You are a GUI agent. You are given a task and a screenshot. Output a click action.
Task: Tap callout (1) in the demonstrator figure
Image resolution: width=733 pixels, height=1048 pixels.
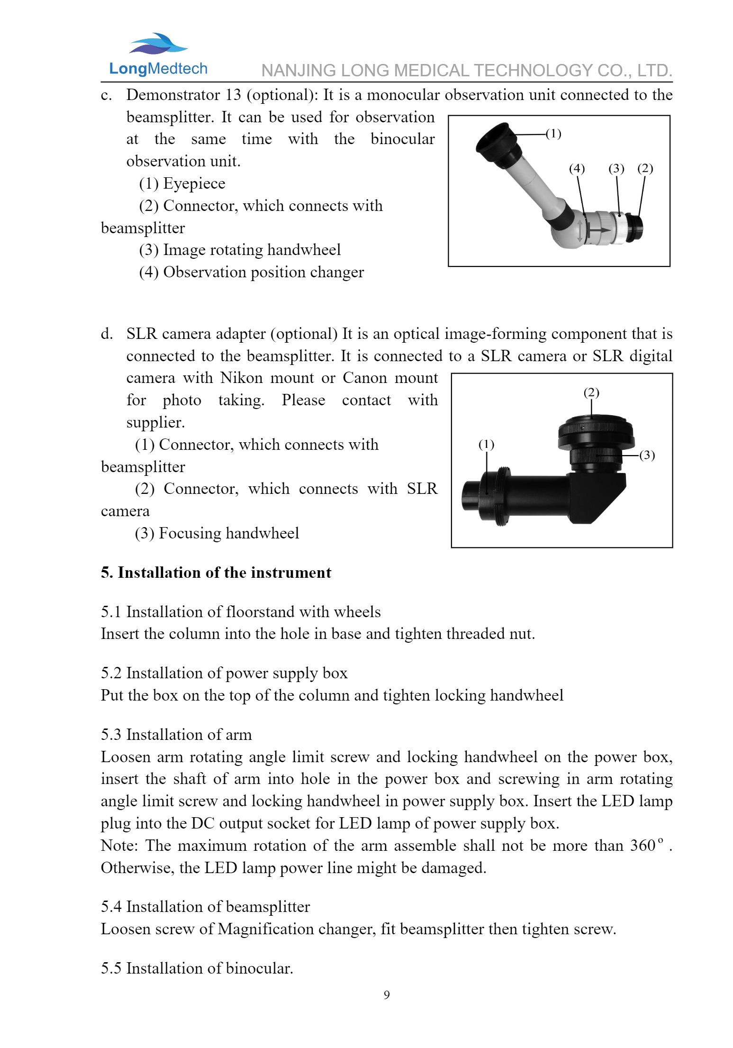click(x=553, y=134)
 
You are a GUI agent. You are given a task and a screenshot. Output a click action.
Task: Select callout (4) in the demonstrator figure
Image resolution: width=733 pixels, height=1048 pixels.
click(x=577, y=169)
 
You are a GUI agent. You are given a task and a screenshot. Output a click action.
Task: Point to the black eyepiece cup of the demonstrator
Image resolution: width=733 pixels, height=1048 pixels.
click(x=495, y=143)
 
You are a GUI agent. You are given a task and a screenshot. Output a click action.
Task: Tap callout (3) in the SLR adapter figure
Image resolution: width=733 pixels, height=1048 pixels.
click(x=647, y=456)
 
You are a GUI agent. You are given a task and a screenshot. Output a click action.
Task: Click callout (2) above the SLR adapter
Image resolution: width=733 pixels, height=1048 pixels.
click(x=591, y=392)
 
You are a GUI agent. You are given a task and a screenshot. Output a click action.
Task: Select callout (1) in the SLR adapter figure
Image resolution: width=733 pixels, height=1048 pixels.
click(x=486, y=445)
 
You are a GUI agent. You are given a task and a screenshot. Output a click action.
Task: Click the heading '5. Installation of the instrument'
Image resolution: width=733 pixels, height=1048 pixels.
click(x=216, y=573)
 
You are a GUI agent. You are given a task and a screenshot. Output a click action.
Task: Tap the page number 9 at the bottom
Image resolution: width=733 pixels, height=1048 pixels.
click(x=387, y=995)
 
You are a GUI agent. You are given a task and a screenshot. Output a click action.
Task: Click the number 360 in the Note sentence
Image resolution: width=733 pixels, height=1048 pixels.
click(x=643, y=846)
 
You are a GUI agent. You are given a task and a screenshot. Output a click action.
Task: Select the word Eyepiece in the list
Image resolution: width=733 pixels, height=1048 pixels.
click(x=194, y=183)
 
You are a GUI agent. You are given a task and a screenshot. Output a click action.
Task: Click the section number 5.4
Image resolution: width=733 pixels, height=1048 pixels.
click(x=111, y=907)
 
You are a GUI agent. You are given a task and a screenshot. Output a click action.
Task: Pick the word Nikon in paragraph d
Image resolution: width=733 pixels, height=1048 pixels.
click(x=241, y=378)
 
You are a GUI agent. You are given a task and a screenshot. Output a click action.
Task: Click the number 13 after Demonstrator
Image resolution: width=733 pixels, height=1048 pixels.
click(x=233, y=95)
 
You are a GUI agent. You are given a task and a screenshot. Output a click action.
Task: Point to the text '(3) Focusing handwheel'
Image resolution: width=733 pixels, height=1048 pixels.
click(x=217, y=533)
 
